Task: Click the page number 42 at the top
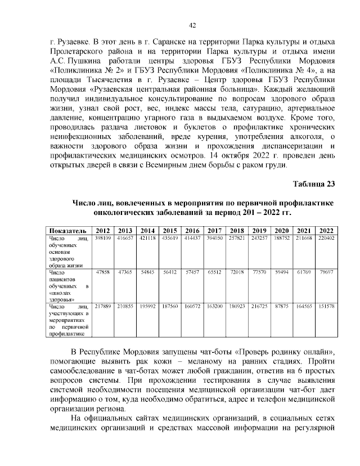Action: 192,25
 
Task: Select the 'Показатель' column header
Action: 67,231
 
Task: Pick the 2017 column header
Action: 214,231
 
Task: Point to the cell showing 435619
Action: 169,239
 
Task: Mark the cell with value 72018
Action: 236,272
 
